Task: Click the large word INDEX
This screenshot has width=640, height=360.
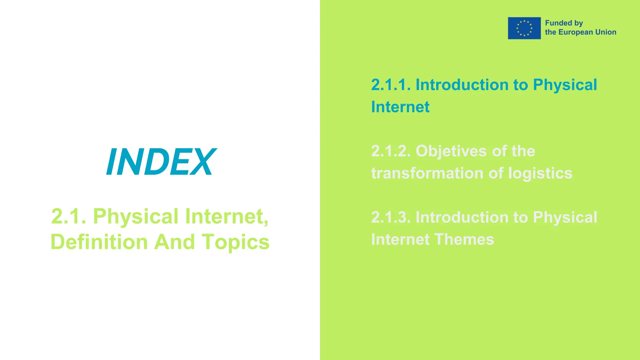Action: pyautogui.click(x=161, y=162)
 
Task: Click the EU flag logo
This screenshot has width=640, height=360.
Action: pyautogui.click(x=524, y=28)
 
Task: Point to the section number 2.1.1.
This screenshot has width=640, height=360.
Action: pyautogui.click(x=391, y=85)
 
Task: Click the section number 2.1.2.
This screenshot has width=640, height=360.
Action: pyautogui.click(x=391, y=151)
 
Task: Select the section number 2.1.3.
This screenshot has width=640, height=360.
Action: pyautogui.click(x=391, y=217)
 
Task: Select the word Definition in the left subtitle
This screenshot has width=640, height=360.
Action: pyautogui.click(x=99, y=242)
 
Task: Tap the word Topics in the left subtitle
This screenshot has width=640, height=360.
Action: pyautogui.click(x=235, y=242)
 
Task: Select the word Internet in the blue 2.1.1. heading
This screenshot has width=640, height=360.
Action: pyautogui.click(x=400, y=107)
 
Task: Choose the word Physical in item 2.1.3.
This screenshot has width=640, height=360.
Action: pyautogui.click(x=565, y=217)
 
